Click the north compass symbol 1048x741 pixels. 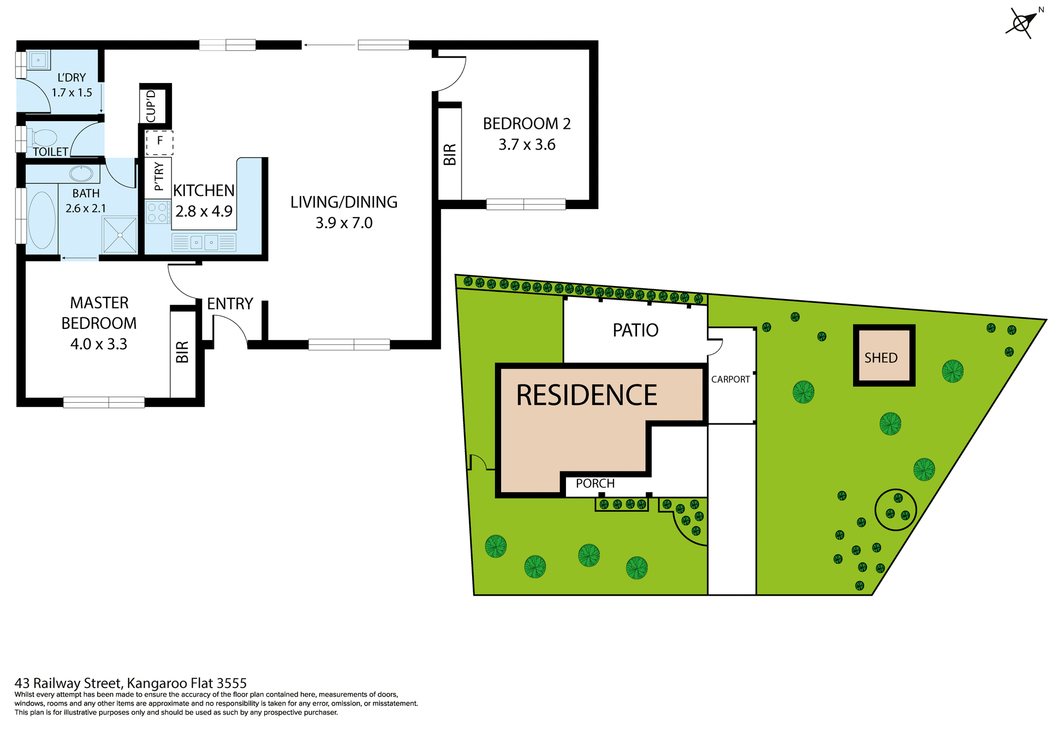(x=1021, y=23)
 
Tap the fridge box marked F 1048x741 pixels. (x=159, y=142)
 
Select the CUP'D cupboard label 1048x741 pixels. (x=151, y=106)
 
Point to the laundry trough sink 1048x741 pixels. (x=38, y=60)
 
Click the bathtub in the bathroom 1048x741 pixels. (x=41, y=220)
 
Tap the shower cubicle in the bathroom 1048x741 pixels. (x=120, y=235)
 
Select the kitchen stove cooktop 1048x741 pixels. (x=157, y=212)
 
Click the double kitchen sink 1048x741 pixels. (x=204, y=242)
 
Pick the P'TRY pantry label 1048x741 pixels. (x=159, y=177)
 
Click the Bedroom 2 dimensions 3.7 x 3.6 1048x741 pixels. (x=527, y=145)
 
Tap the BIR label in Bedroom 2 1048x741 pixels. (x=450, y=154)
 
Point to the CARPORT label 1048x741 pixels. (x=730, y=379)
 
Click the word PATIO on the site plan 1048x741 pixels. (x=635, y=330)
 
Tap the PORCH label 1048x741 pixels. (x=595, y=483)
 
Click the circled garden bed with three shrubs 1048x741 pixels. (x=895, y=509)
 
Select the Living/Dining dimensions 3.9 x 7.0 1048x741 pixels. (x=344, y=223)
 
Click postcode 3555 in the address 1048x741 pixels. (x=231, y=683)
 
